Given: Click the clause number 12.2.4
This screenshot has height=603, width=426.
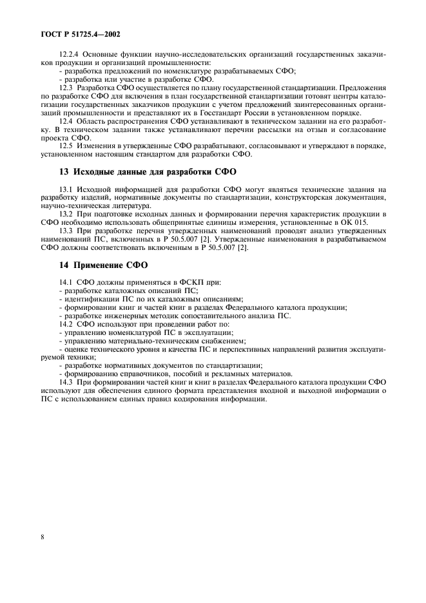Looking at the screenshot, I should coord(68,55).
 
